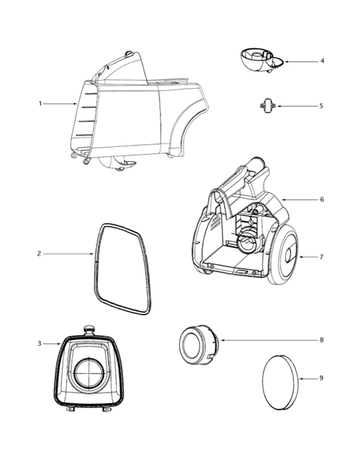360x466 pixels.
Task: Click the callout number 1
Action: [40, 104]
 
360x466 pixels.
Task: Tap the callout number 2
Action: [40, 254]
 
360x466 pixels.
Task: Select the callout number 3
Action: [40, 344]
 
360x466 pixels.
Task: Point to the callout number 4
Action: [322, 61]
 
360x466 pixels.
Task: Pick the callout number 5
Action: [322, 106]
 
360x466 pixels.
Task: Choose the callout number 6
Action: [322, 199]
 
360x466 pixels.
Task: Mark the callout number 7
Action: [322, 256]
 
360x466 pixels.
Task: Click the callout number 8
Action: [322, 339]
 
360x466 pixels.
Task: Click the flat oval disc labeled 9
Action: [278, 381]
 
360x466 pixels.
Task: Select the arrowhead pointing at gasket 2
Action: [92, 254]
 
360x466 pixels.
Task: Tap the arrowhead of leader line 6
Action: [282, 199]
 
